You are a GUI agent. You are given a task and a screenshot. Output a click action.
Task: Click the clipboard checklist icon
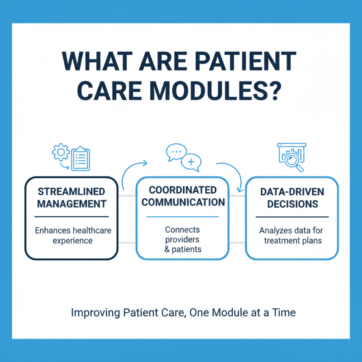pyautogui.click(x=80, y=158)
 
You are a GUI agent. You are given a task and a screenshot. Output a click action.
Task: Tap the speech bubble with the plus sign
pyautogui.click(x=191, y=162)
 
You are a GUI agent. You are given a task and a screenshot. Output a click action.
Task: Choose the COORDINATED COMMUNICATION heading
pyautogui.click(x=183, y=195)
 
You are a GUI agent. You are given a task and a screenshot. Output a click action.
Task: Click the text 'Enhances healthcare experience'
pyautogui.click(x=72, y=235)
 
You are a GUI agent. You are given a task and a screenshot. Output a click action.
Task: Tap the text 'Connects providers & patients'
pyautogui.click(x=182, y=239)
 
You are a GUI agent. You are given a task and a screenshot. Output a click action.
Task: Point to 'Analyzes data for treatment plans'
pyautogui.click(x=291, y=235)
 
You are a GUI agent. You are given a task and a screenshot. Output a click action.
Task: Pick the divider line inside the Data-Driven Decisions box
pyautogui.click(x=291, y=217)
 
